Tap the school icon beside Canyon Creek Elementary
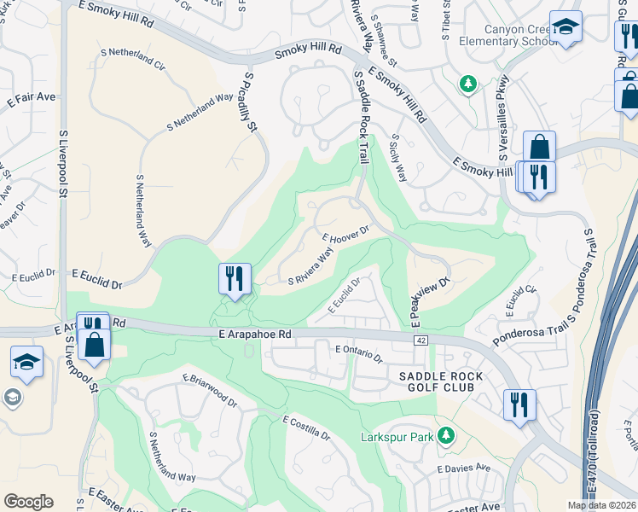[x=565, y=29]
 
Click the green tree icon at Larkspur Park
[x=445, y=436]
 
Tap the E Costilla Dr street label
[x=306, y=428]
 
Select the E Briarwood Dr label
[x=209, y=388]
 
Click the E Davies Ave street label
[x=464, y=468]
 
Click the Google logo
[x=28, y=501]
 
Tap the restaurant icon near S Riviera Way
[x=235, y=278]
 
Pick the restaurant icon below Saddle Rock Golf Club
[x=519, y=404]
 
